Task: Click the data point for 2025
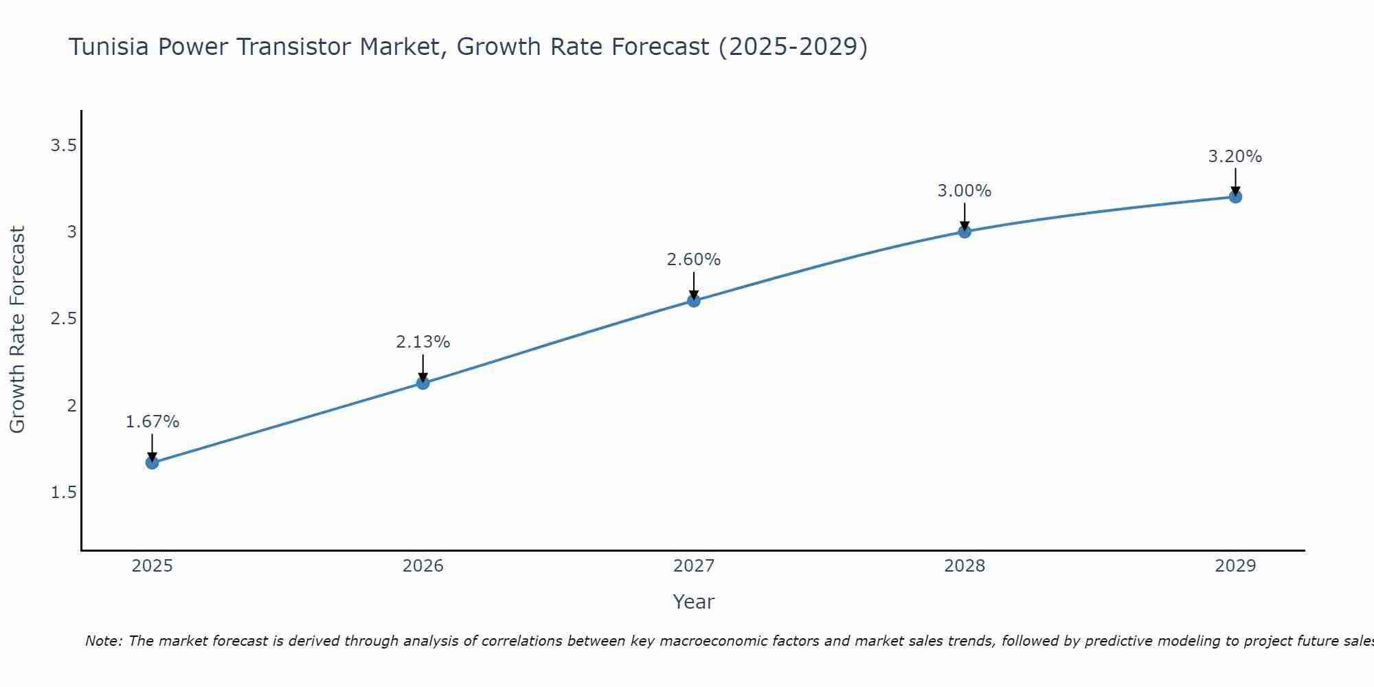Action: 153,462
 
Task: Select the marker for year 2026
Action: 423,383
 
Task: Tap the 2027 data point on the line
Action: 694,300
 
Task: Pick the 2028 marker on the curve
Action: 965,232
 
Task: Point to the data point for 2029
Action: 1235,197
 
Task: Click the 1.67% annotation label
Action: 153,422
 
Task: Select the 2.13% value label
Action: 423,342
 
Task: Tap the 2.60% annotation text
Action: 694,260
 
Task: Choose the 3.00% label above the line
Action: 965,191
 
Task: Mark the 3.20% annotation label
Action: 1235,157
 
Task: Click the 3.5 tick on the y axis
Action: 63,146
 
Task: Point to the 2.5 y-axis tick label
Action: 63,319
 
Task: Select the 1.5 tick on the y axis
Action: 63,493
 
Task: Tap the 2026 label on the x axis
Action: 423,566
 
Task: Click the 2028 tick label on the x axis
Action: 965,566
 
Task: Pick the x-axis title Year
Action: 694,602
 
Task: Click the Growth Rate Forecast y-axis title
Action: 18,330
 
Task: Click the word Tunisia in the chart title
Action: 109,47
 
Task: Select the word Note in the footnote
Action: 102,641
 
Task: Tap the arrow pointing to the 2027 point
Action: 694,285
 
